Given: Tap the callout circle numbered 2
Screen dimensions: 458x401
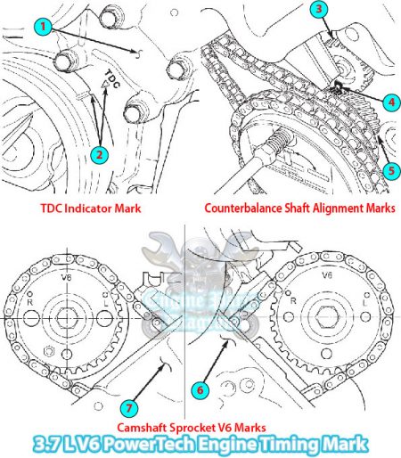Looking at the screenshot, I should click(x=100, y=153).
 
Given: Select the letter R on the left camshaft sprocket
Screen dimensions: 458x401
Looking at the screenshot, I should click(x=30, y=302).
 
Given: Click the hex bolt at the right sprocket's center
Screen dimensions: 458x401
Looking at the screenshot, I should click(x=329, y=316).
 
